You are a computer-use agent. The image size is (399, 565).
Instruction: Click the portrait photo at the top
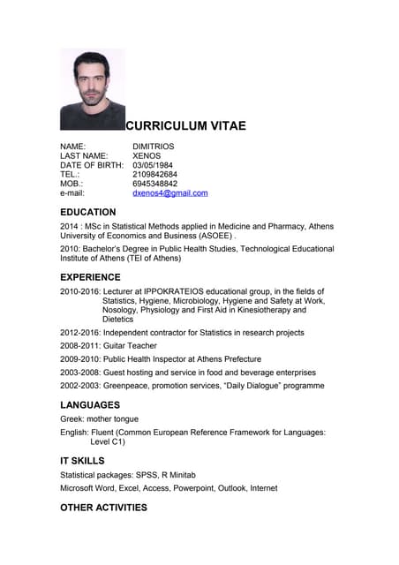click(x=93, y=89)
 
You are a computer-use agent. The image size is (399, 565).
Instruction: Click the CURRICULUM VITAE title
click(x=185, y=126)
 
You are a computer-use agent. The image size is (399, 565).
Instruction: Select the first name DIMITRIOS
click(x=154, y=147)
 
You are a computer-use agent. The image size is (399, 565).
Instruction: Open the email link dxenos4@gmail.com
click(x=169, y=193)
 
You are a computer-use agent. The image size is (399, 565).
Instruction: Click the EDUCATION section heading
click(x=87, y=213)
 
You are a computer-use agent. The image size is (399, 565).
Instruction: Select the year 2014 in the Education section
click(x=69, y=227)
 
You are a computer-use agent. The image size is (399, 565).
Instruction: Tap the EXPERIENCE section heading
click(x=90, y=277)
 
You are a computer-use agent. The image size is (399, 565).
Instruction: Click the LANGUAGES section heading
click(x=90, y=405)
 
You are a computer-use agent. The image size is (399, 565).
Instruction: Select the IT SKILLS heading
click(x=82, y=461)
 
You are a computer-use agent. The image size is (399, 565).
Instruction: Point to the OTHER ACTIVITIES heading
click(x=103, y=508)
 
